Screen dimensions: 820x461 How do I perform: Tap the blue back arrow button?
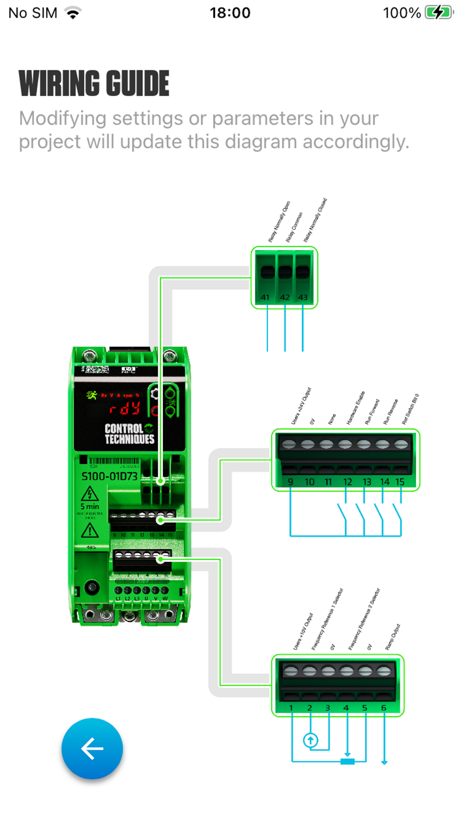(x=92, y=748)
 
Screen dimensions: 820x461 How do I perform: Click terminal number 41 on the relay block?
(x=265, y=297)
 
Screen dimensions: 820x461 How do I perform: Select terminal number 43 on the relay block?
(x=303, y=297)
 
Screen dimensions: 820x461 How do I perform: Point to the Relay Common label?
(x=294, y=227)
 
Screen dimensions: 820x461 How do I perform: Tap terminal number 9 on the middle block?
(x=290, y=482)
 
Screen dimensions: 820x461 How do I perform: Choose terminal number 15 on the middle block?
(x=400, y=482)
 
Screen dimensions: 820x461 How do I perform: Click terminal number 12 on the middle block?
(x=348, y=482)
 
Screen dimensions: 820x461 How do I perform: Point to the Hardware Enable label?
(x=355, y=408)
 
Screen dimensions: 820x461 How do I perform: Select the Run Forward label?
(x=372, y=412)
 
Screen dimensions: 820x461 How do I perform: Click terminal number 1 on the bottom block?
(x=291, y=708)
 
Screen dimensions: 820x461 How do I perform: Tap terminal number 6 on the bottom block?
(x=384, y=708)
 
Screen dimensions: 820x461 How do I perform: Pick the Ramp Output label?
(x=393, y=637)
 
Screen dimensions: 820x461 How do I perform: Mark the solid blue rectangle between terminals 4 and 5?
(x=348, y=761)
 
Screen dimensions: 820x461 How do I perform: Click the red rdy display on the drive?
(x=124, y=408)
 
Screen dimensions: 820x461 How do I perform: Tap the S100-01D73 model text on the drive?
(x=109, y=476)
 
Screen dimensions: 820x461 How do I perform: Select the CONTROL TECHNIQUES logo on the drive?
(x=129, y=434)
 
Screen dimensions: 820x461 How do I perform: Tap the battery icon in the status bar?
(x=438, y=12)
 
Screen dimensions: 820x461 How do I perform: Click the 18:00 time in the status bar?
(x=230, y=13)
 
